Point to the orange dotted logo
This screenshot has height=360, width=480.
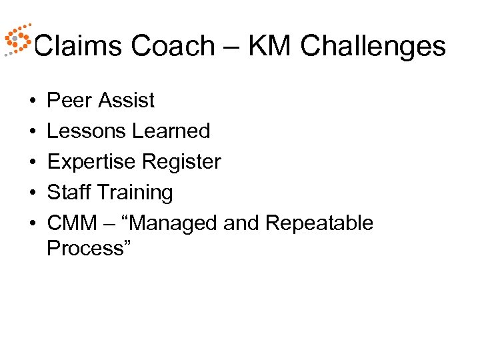pos(17,41)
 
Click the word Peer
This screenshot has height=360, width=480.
pos(69,101)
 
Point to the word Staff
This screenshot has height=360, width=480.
pos(69,193)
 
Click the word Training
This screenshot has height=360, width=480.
pos(135,193)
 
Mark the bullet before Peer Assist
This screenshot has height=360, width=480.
pos(32,101)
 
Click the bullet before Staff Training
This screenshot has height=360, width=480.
pos(32,193)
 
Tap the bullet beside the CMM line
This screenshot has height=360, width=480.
pos(32,224)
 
